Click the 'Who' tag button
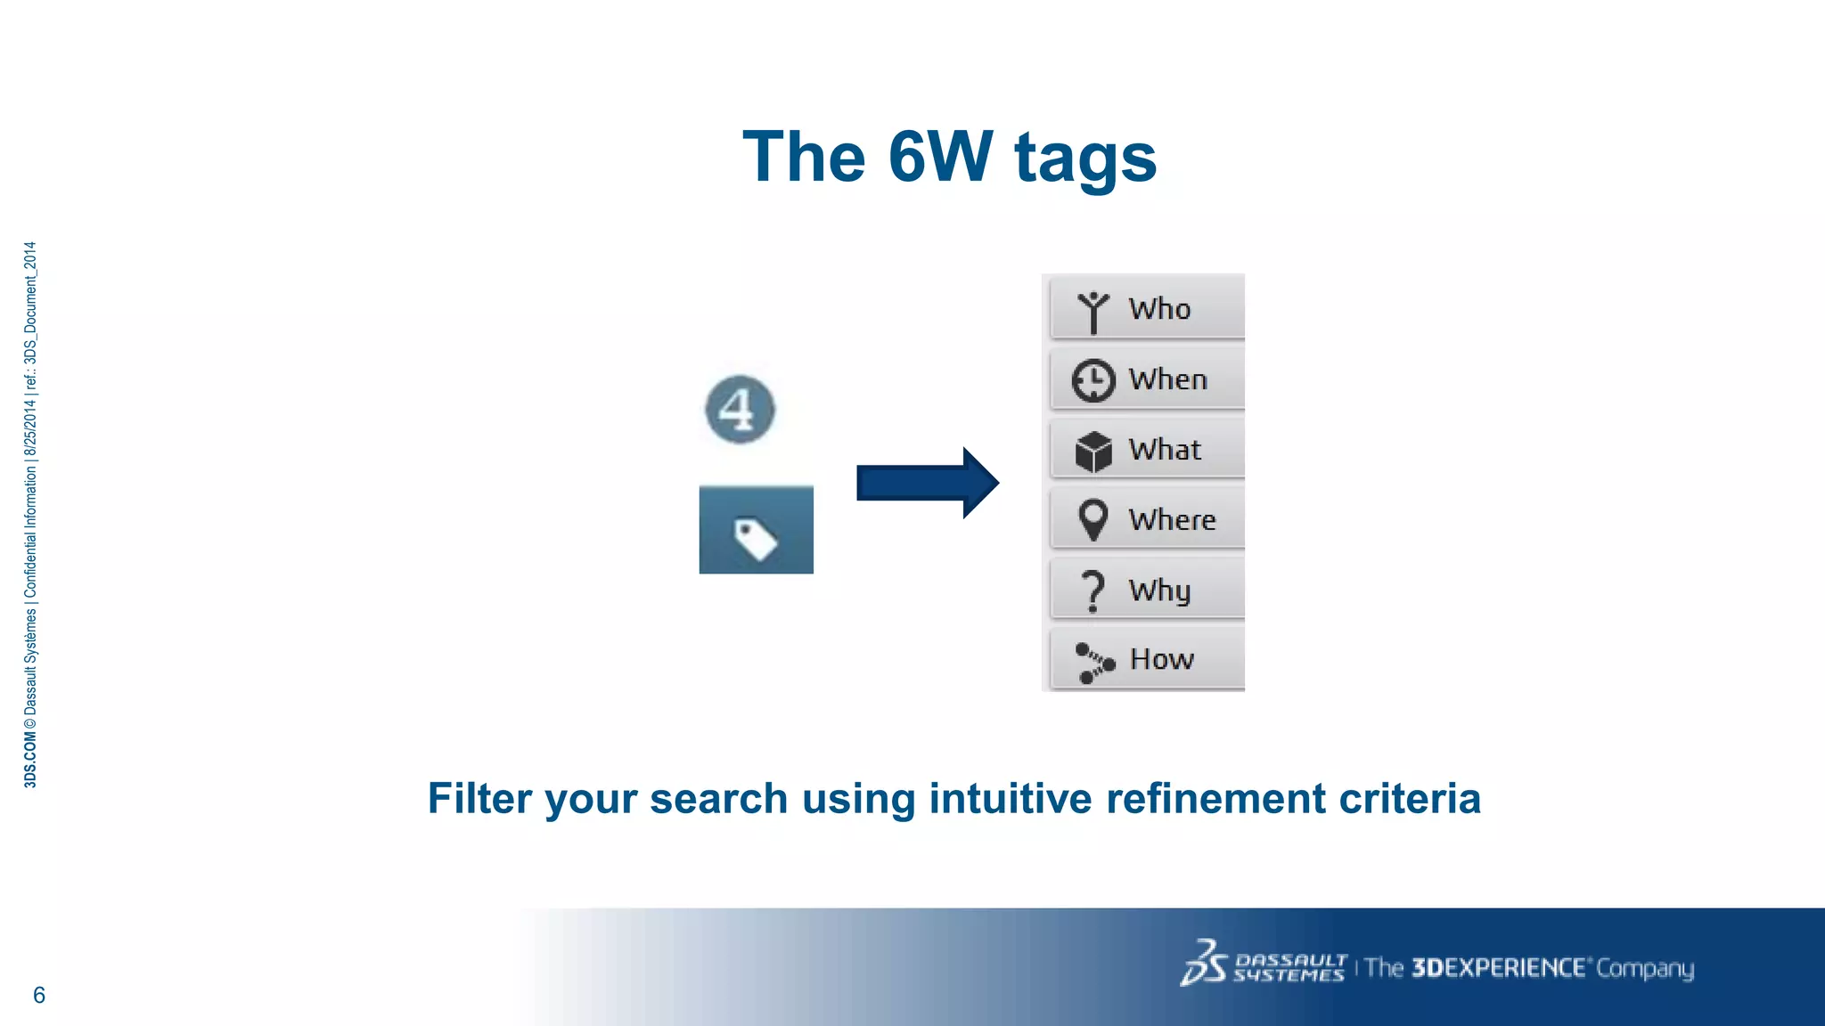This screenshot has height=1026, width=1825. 1148,308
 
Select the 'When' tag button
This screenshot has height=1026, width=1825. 1148,379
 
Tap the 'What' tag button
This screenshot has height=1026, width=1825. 1148,449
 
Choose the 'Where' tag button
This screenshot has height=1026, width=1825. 1148,519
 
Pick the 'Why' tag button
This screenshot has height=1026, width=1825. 1148,590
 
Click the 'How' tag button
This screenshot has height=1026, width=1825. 1148,659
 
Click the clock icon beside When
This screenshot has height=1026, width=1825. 1093,380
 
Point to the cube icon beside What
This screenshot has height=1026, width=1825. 1093,452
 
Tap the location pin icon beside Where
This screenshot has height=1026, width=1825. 1093,519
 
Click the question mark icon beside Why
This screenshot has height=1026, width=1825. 1093,590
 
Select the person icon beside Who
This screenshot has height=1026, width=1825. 1093,312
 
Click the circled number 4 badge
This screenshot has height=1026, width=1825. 740,410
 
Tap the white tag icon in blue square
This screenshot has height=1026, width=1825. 756,539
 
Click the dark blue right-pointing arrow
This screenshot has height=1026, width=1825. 927,483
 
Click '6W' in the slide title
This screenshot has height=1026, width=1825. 940,157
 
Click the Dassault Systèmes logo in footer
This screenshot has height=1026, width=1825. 1263,964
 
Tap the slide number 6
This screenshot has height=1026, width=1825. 39,995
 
